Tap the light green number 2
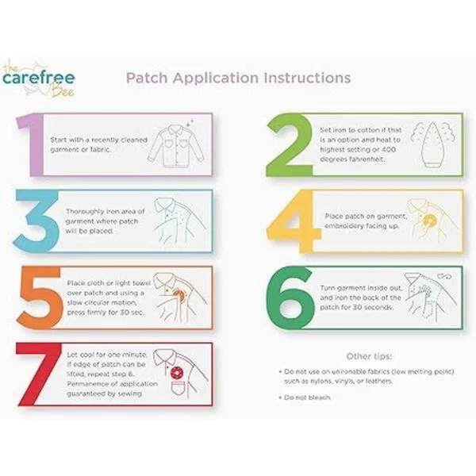pyautogui.click(x=290, y=145)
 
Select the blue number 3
pyautogui.click(x=36, y=221)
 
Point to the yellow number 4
pyautogui.click(x=294, y=221)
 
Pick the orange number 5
pyautogui.click(x=40, y=297)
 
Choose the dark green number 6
pyautogui.click(x=290, y=297)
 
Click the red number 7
pyautogui.click(x=37, y=374)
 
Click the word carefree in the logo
pyautogui.click(x=39, y=78)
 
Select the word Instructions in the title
pyautogui.click(x=307, y=78)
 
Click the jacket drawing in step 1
pyautogui.click(x=176, y=146)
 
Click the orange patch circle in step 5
pyautogui.click(x=178, y=295)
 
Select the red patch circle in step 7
pyautogui.click(x=177, y=373)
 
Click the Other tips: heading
pyautogui.click(x=369, y=356)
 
